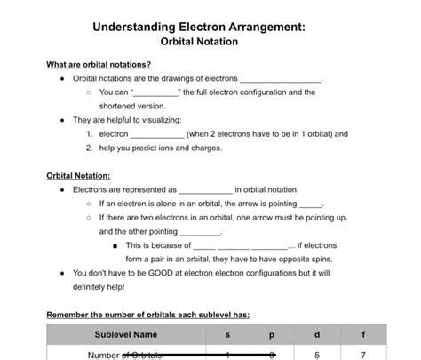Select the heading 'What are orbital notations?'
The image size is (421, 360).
click(98, 64)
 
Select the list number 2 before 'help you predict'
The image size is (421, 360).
click(91, 148)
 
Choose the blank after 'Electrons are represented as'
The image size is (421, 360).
click(205, 189)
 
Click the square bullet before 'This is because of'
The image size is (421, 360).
click(115, 245)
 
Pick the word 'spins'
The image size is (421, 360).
click(299, 259)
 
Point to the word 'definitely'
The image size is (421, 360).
click(91, 287)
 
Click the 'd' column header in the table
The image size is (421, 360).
click(318, 335)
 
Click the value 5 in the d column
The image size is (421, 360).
click(318, 355)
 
